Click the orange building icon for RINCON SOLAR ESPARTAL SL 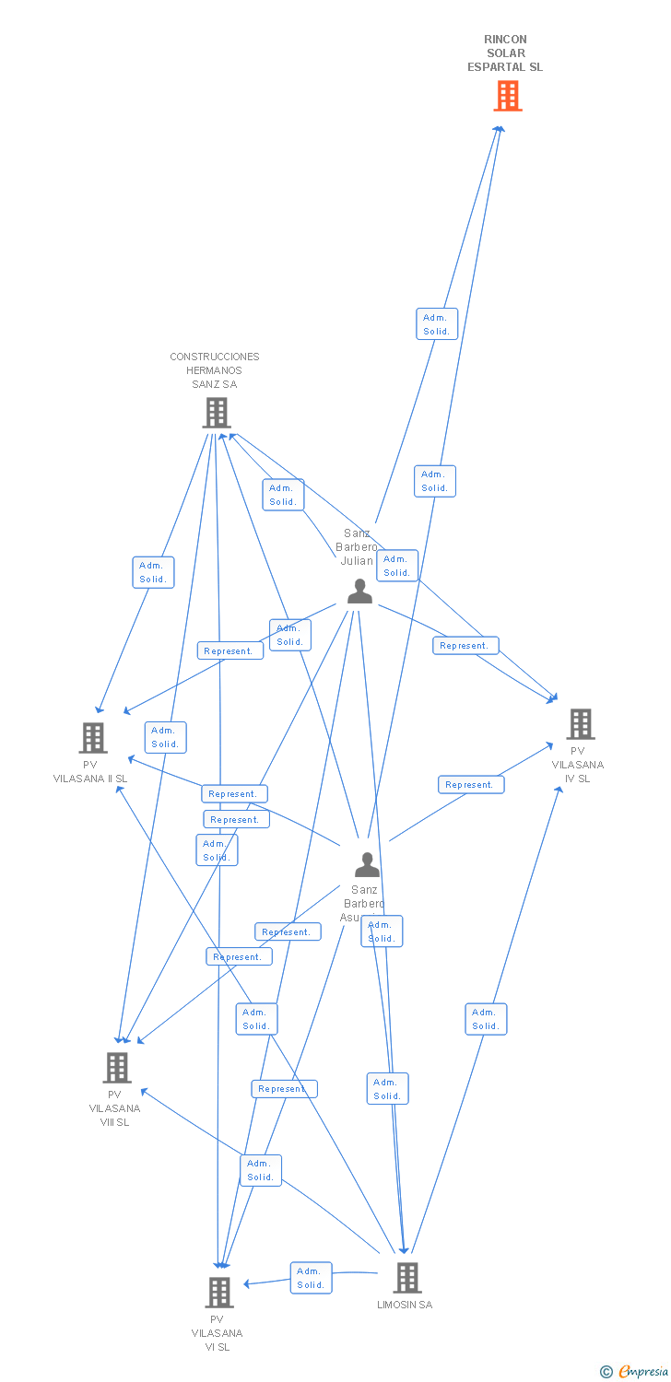[507, 96]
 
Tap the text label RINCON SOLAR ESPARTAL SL [505, 53]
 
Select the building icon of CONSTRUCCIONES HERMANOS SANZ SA [216, 413]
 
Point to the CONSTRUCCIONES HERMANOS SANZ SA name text [215, 370]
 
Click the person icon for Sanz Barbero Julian [359, 591]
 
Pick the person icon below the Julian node [367, 865]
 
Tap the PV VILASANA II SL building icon [92, 737]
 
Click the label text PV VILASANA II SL [90, 772]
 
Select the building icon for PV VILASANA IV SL [580, 724]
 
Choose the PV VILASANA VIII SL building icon [116, 1068]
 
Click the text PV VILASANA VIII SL [115, 1108]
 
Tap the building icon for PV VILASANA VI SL [218, 1292]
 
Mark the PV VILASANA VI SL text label [218, 1333]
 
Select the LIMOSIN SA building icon [406, 1277]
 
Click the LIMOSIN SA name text [405, 1305]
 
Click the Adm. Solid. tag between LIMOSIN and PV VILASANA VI [311, 1278]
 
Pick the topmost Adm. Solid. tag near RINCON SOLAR [437, 324]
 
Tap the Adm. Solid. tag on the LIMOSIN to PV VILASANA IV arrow [486, 1019]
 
